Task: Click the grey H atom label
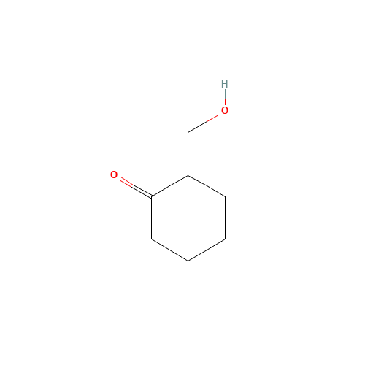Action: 225,84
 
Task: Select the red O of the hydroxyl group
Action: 225,110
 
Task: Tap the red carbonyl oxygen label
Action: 114,174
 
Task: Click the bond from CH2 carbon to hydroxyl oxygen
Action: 204,123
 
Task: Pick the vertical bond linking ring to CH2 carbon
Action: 188,154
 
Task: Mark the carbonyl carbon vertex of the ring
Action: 152,196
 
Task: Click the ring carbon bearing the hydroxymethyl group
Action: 188,175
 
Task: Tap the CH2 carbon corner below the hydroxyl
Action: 188,133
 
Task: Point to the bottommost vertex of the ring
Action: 188,261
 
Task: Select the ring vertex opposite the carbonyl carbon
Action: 225,239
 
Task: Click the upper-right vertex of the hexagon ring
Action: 225,196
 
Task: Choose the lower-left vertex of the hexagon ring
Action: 152,239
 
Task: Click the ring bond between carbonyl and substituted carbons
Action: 170,186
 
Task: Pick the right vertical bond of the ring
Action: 225,218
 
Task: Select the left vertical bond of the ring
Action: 152,218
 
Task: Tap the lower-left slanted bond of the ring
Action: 170,250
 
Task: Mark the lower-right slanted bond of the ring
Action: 207,250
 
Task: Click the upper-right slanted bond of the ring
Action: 207,186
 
